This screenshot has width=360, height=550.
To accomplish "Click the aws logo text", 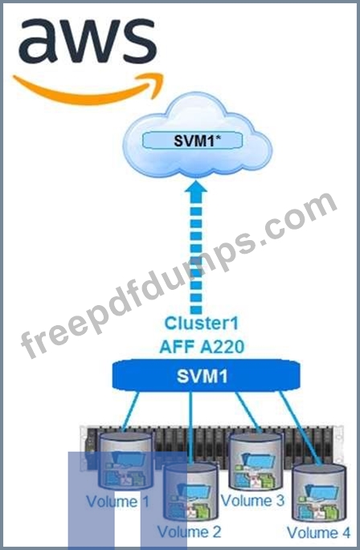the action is tap(87, 42).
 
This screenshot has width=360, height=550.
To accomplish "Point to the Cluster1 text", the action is tap(201, 323).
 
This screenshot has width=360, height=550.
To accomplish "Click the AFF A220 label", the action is tap(202, 347).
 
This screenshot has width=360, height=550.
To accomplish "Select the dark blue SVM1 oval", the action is tap(206, 376).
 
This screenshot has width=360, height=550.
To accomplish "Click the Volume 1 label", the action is tap(117, 501).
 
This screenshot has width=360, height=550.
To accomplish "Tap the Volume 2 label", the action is tap(190, 532).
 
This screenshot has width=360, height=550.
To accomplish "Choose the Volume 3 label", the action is tap(252, 500).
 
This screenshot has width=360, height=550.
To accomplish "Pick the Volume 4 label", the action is tap(318, 532).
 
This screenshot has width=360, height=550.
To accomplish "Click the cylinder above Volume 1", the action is tap(125, 460).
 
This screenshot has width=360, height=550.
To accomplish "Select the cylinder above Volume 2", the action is tap(190, 491).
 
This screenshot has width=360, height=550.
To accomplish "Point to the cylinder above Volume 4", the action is tap(319, 493).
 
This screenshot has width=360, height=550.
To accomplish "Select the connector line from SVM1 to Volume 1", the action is tap(131, 411).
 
